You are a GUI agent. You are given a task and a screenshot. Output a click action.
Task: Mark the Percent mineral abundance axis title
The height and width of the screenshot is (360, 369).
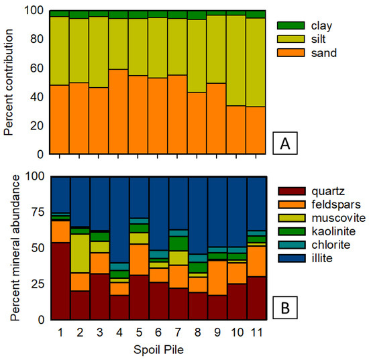9,247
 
